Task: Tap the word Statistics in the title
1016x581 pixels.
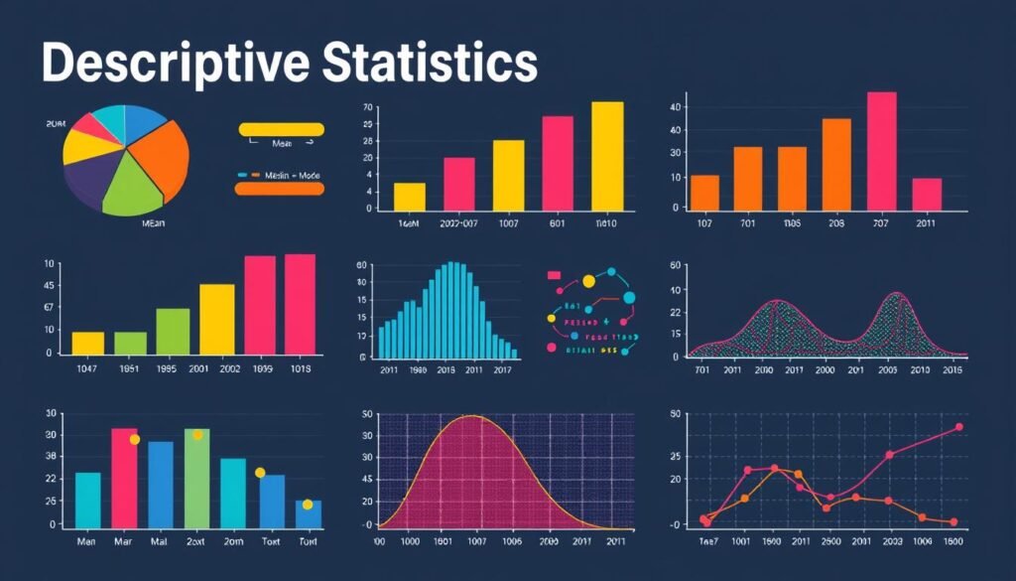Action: [x=430, y=64]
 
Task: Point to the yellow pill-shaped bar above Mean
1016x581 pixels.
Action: [x=282, y=129]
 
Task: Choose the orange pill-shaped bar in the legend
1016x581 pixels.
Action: [x=280, y=189]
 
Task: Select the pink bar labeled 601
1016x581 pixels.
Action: [x=558, y=163]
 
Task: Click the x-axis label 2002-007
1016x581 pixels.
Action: [x=458, y=224]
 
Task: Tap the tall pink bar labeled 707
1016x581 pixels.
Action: [x=881, y=150]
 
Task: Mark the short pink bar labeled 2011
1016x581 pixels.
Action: [x=927, y=194]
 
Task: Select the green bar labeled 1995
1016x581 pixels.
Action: [x=173, y=331]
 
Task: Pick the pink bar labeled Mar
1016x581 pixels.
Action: [x=124, y=477]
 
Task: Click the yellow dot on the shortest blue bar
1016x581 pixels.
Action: [x=308, y=505]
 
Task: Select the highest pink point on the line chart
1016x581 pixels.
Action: [x=958, y=427]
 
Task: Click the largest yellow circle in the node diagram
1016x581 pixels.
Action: [x=588, y=282]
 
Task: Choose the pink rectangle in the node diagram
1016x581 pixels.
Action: [x=554, y=275]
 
